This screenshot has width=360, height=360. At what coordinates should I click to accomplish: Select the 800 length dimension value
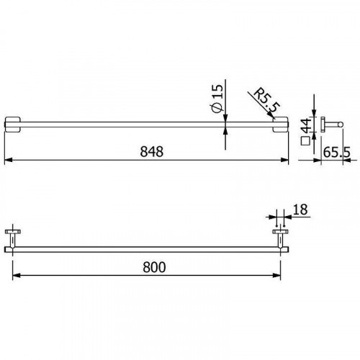coord(153,266)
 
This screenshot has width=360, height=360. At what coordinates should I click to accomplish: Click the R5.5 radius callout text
coord(266,102)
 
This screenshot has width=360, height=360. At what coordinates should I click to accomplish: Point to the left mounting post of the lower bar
coord(12,238)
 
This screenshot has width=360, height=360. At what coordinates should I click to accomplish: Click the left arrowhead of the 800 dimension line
coord(14,275)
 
